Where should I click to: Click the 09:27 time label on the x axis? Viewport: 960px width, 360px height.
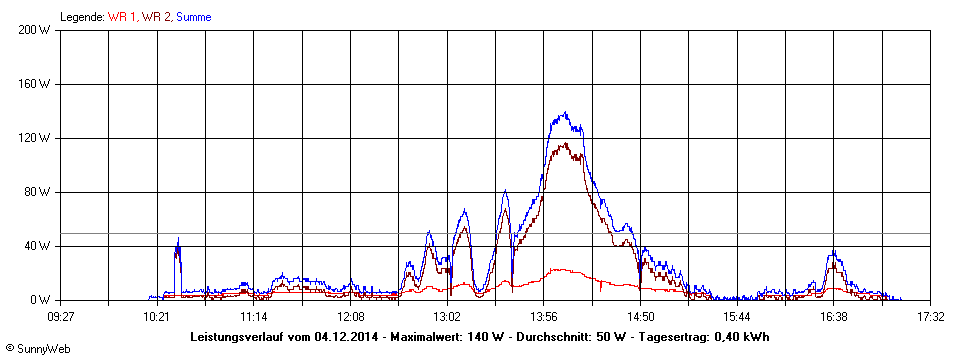(x=61, y=317)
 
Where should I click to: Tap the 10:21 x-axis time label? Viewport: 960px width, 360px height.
(x=156, y=317)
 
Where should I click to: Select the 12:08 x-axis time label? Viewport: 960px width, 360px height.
(x=351, y=317)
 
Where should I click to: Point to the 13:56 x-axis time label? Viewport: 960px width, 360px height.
(x=543, y=317)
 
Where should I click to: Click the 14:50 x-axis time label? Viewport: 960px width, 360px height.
(x=640, y=317)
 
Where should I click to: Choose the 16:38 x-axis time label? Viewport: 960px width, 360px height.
(x=833, y=317)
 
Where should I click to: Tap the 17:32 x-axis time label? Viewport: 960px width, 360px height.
(x=930, y=317)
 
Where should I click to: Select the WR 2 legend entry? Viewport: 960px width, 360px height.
(x=157, y=17)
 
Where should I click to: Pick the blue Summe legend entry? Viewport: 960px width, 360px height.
(x=194, y=17)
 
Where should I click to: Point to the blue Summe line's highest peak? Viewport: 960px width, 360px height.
(x=565, y=113)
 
